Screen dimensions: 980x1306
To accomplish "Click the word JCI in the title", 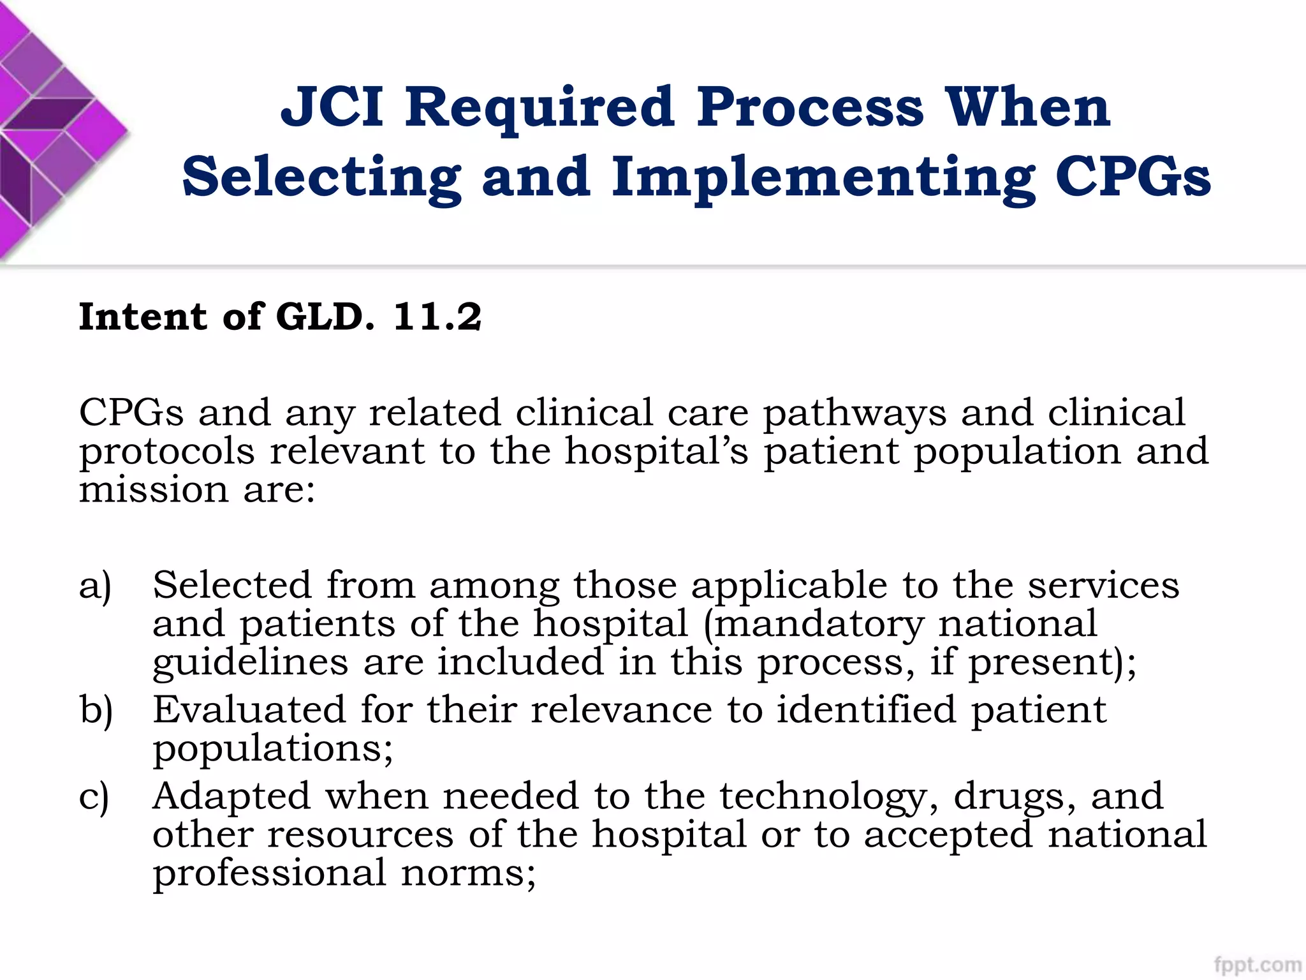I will [332, 107].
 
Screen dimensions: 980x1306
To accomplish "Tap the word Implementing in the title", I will [823, 178].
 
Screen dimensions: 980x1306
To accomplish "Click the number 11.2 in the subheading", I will [437, 316].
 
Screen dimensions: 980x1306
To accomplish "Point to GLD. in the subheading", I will [325, 316].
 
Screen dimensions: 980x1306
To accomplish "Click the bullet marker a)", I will [96, 586].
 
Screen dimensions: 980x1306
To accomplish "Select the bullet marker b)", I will [96, 710].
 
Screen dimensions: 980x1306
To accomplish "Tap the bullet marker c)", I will [94, 797].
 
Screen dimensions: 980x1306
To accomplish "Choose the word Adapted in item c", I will [231, 796].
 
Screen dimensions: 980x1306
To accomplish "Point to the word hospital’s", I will [657, 452].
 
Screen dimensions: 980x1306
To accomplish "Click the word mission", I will [154, 490].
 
